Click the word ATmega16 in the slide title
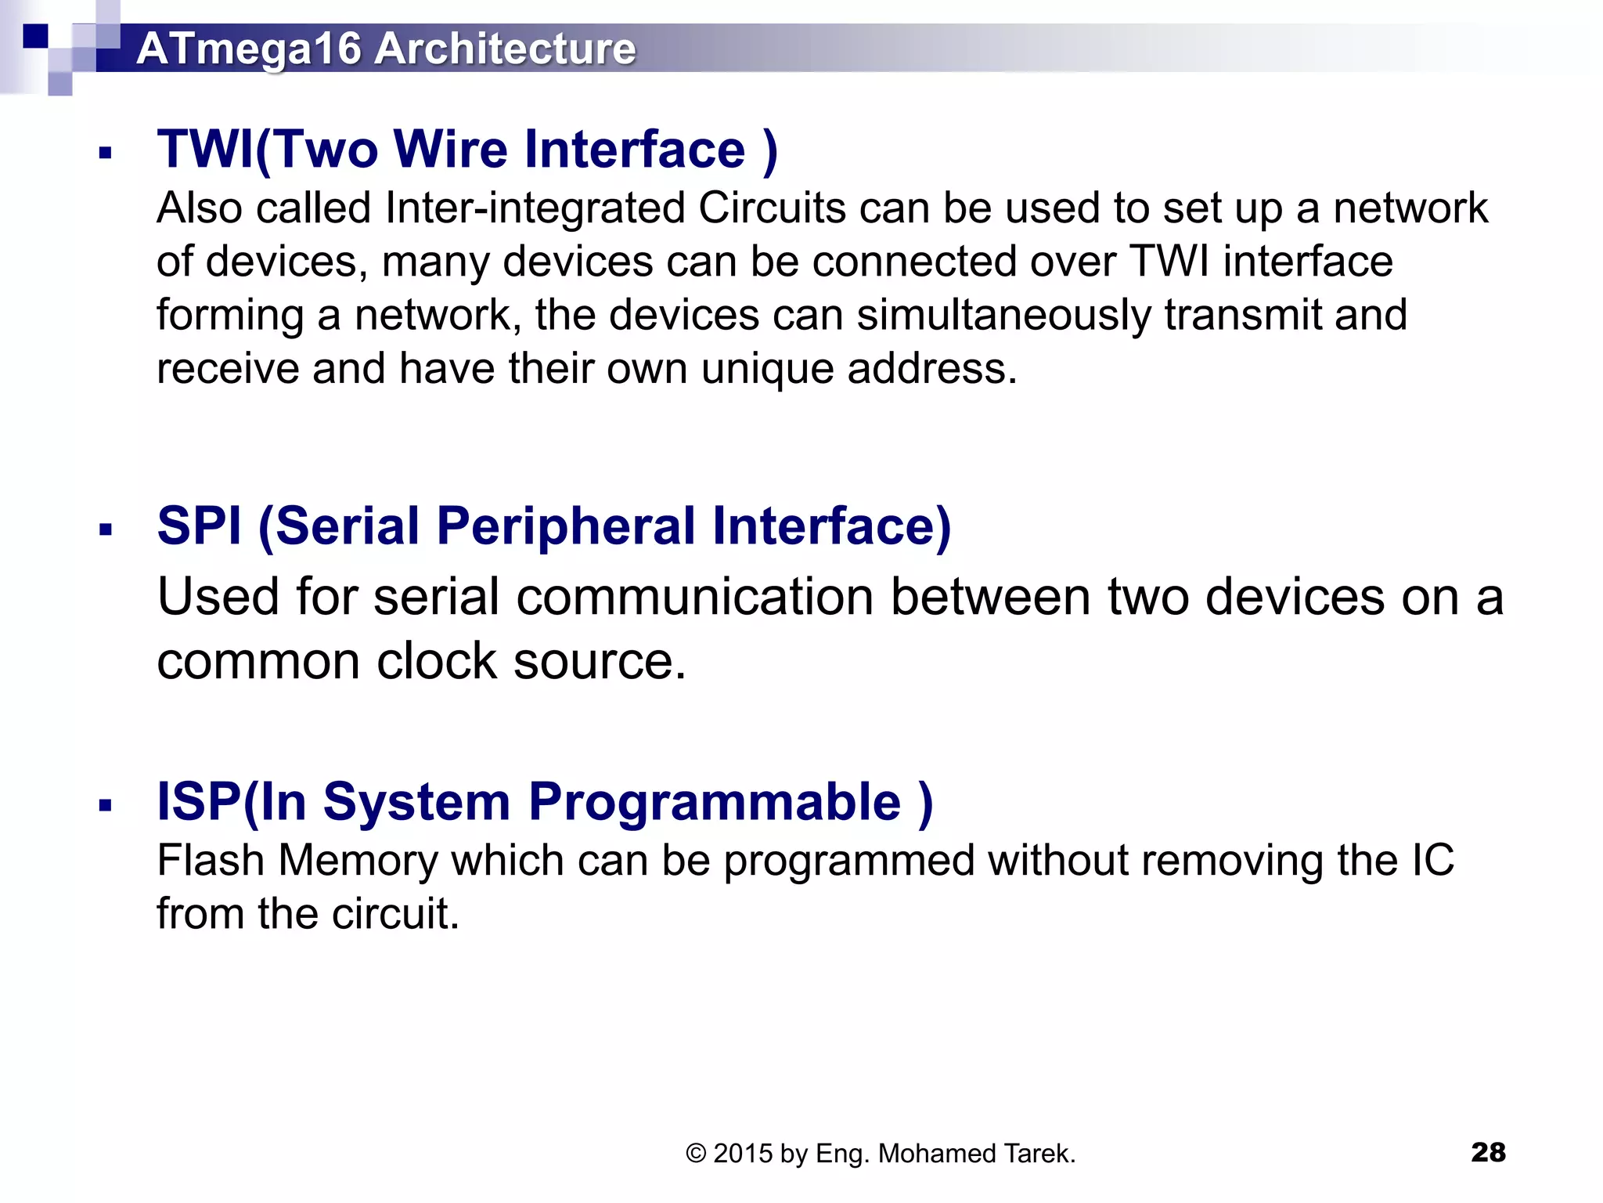(248, 49)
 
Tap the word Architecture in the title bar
(505, 49)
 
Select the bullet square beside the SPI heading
(106, 530)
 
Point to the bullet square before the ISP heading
(106, 805)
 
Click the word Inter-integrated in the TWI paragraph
(535, 208)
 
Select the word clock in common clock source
(436, 661)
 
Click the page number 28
(1488, 1152)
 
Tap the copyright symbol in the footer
(696, 1154)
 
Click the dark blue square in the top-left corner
(35, 36)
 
